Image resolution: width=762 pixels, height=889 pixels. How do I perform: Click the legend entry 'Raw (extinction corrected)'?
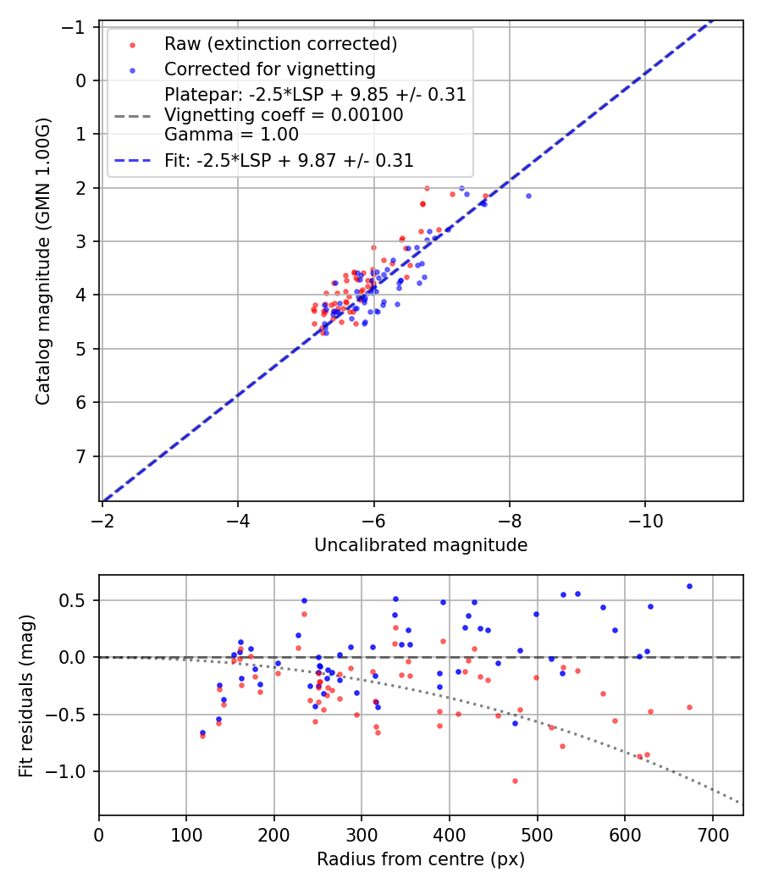point(280,44)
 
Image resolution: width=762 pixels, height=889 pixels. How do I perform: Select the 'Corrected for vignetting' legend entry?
point(269,69)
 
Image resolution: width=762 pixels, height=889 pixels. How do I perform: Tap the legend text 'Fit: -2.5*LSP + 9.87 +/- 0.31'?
point(289,161)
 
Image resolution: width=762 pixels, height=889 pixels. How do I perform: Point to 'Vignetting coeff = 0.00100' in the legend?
point(284,115)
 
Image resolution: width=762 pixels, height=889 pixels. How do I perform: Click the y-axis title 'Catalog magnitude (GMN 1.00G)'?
point(43,261)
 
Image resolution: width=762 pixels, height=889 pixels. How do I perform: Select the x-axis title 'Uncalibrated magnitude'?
point(421,545)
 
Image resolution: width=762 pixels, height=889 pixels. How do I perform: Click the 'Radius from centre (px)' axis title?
point(421,859)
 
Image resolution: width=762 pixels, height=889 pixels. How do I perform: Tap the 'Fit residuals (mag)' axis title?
point(26,695)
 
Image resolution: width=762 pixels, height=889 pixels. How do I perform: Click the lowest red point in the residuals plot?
point(515,781)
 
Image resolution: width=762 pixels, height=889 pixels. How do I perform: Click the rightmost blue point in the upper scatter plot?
point(528,196)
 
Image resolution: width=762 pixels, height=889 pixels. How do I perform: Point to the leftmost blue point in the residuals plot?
point(202,732)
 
